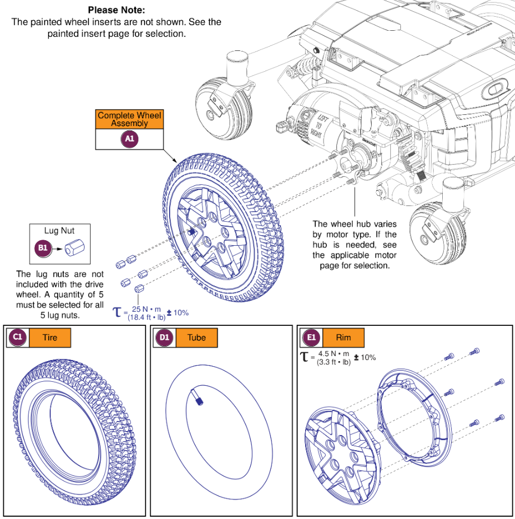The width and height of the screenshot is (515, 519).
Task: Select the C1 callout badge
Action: pyautogui.click(x=17, y=338)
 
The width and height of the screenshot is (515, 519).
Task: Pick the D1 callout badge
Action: pyautogui.click(x=164, y=338)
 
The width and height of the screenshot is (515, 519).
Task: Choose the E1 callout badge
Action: pyautogui.click(x=311, y=338)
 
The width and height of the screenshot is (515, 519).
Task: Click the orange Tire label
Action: pyautogui.click(x=50, y=338)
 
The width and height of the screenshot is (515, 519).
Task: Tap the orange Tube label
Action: pyautogui.click(x=196, y=338)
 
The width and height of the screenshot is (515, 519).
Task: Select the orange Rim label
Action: pyautogui.click(x=343, y=338)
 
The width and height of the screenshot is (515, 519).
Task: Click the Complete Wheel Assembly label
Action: pyautogui.click(x=130, y=119)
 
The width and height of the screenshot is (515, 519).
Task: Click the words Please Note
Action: pyautogui.click(x=116, y=10)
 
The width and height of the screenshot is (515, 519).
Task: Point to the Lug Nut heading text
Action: pyautogui.click(x=59, y=230)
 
